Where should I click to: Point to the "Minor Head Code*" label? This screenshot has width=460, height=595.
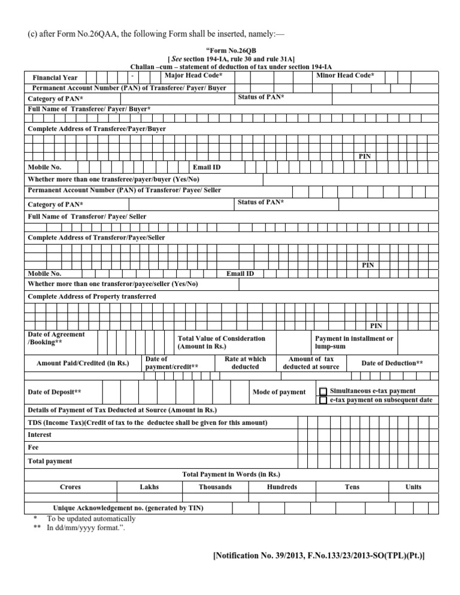344,75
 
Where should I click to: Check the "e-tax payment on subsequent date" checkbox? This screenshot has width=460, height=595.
323,400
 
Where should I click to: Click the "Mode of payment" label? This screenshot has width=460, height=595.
279,392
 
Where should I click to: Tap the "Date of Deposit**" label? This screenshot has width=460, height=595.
55,392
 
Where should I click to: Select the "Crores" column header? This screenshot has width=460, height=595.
71,487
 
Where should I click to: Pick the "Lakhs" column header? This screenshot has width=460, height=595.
149,487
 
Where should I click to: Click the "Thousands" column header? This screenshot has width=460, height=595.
215,487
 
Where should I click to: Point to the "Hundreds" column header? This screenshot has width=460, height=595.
282,487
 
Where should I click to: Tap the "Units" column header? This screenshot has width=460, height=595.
413,487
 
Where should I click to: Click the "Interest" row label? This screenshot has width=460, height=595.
40,435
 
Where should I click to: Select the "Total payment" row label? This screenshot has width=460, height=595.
50,461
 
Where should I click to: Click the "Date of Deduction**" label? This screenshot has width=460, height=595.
392,363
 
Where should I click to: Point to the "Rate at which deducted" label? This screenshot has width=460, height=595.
245,363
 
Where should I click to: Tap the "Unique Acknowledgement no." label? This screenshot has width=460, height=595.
128,508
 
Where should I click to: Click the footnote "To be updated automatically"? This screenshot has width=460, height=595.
91,518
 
